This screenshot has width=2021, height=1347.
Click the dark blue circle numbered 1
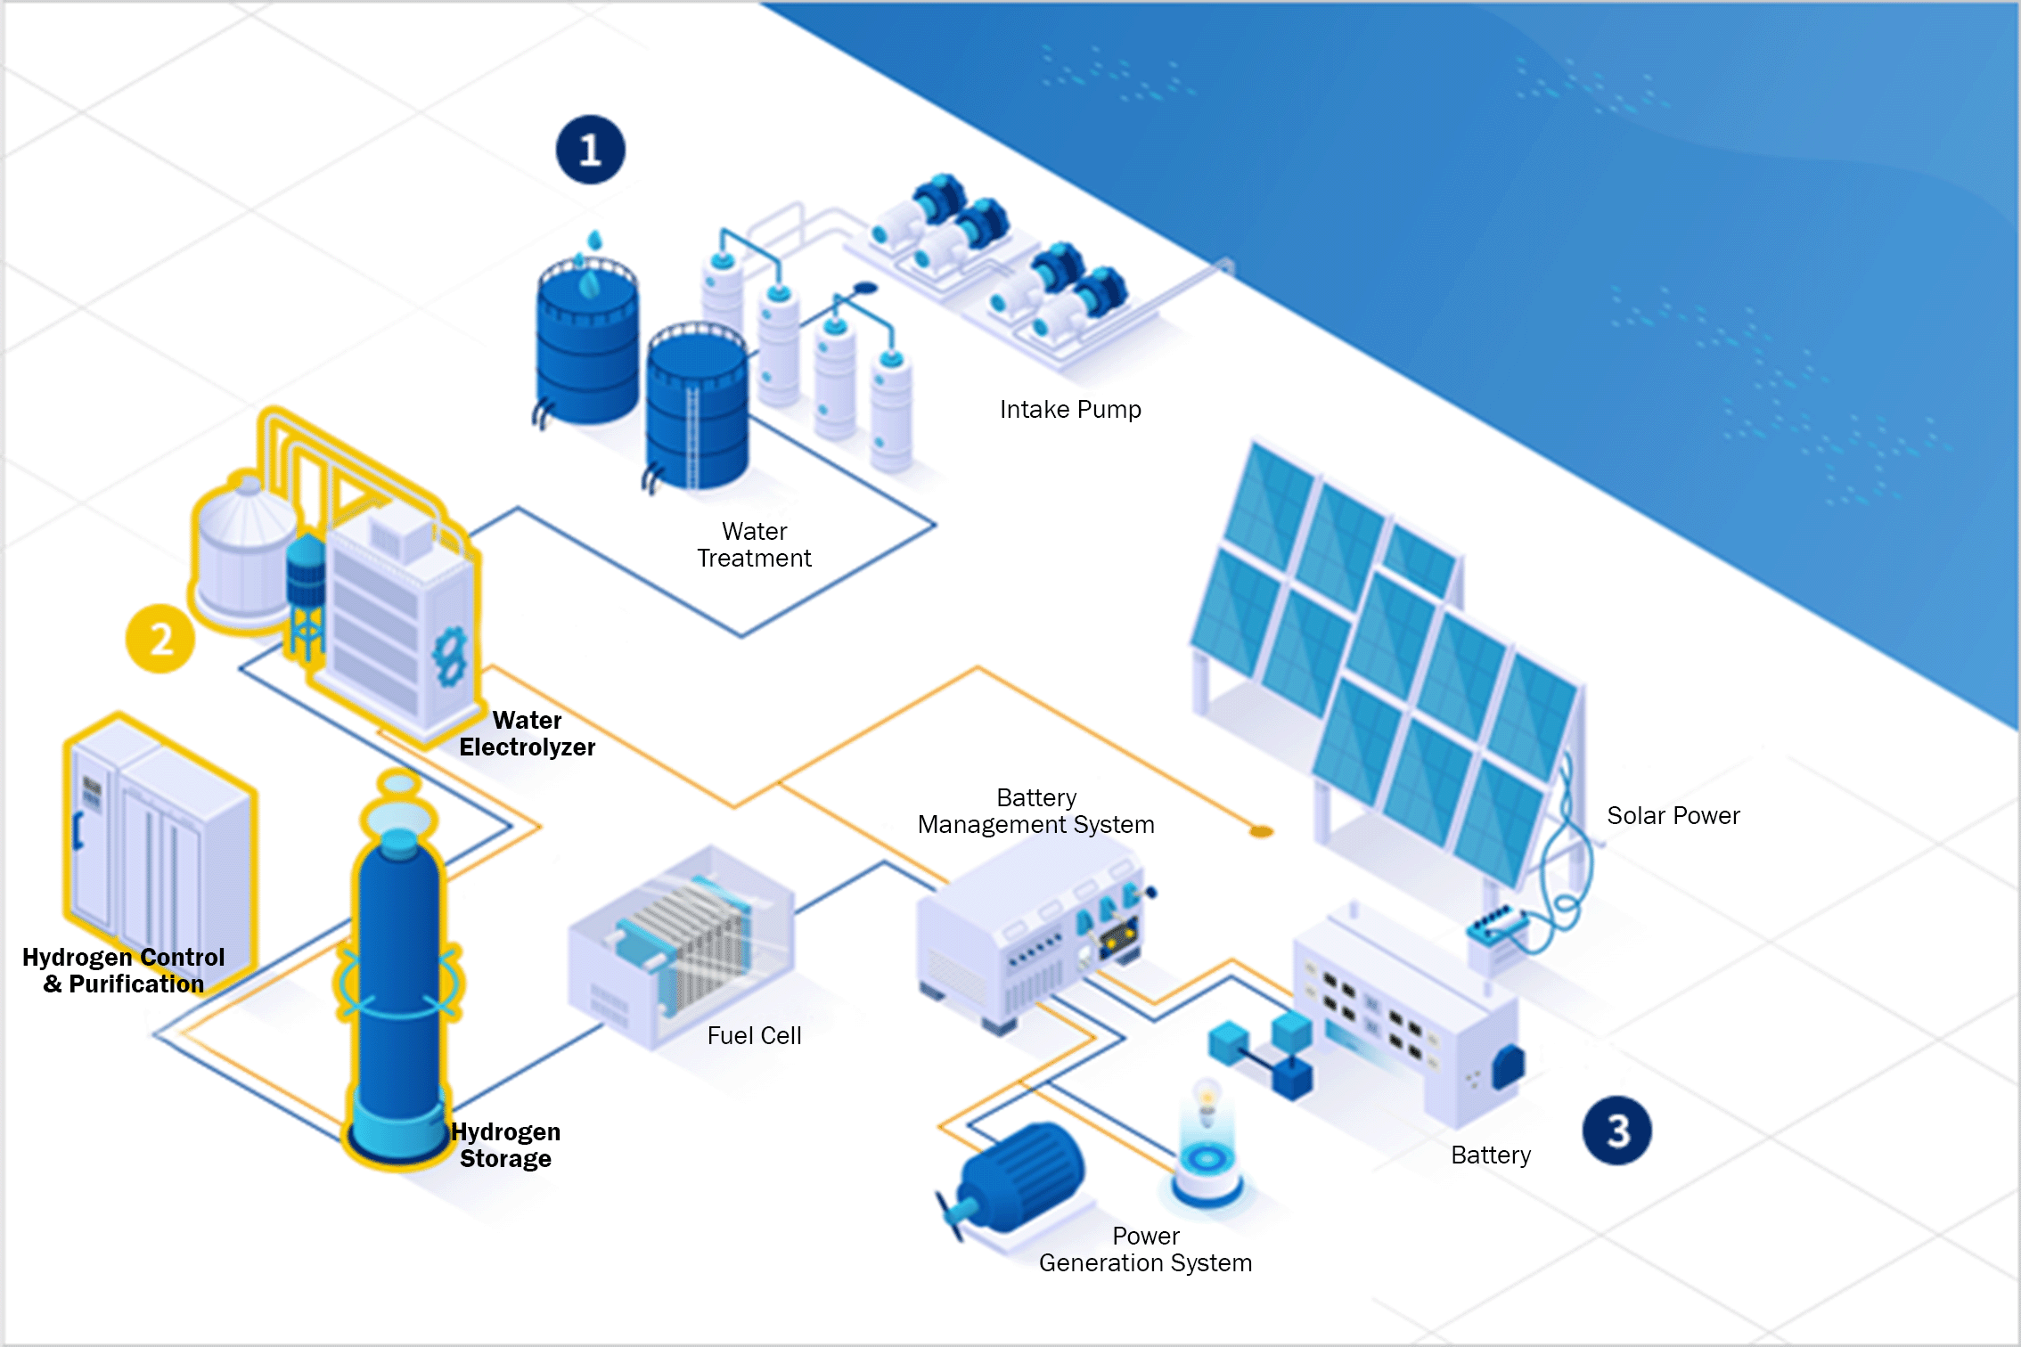point(590,150)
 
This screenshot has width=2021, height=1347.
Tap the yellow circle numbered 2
point(160,639)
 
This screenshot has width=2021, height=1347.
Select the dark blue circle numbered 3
point(1617,1131)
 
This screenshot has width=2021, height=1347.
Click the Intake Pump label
point(1070,410)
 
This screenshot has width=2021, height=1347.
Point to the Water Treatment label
point(754,544)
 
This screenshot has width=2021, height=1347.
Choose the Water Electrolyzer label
point(527,733)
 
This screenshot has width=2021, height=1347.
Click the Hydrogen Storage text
point(505,1145)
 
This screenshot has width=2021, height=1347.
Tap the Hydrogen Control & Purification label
point(123,970)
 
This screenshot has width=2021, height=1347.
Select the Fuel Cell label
point(754,1035)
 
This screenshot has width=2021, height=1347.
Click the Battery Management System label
point(1036,811)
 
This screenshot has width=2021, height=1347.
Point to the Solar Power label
point(1673,815)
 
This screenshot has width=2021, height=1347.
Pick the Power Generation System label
point(1146,1249)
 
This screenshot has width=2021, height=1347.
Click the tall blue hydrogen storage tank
point(398,971)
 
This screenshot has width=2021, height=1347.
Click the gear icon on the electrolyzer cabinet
point(449,657)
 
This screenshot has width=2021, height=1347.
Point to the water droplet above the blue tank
point(594,240)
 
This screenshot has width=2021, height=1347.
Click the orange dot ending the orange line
point(1261,831)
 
